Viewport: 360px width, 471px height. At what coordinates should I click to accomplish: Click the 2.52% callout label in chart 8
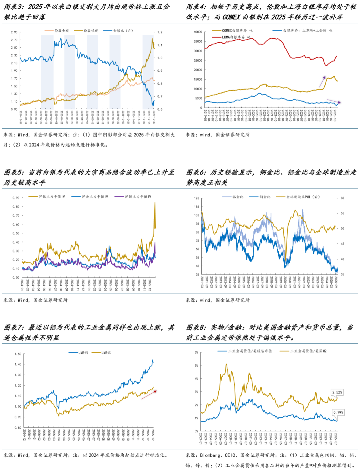[x=337, y=392]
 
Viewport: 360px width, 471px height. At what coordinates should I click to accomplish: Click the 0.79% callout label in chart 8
[x=338, y=412]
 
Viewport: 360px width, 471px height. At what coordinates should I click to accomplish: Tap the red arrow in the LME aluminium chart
[x=149, y=395]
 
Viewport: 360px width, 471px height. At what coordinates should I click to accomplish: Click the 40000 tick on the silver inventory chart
[x=198, y=32]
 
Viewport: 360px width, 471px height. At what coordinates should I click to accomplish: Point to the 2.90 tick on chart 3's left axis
[x=14, y=32]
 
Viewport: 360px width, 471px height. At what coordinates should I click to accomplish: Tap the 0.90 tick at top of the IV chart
[x=16, y=198]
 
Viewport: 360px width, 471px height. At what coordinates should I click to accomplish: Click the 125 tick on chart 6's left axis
[x=197, y=198]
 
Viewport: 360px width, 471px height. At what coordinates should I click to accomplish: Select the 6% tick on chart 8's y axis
[x=196, y=352]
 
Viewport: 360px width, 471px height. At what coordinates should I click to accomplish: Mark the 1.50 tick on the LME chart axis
[x=18, y=354]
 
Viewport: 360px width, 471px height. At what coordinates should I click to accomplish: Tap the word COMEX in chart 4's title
[x=231, y=17]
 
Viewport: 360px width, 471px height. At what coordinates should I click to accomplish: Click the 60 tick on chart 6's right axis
[x=342, y=198]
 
